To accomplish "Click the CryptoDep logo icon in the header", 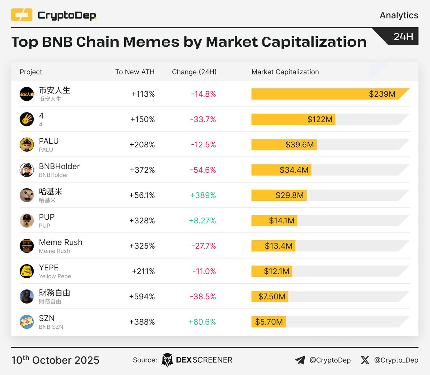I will coord(22,15).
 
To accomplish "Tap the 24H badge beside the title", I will coord(403,36).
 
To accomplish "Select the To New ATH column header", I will coord(135,72).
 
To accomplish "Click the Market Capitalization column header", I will coord(285,72).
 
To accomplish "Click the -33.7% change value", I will coord(203,119).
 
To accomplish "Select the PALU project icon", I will coord(27,145).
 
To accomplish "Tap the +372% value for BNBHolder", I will coord(142,170).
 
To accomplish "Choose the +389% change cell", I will coord(203,195).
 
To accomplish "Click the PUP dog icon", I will coord(27,221).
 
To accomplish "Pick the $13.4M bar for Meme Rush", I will coord(273,246).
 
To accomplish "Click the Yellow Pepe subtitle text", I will coord(55,276).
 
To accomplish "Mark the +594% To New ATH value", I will coord(142,296).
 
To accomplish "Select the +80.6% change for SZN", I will coord(202,322).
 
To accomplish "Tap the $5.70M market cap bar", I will coord(268,322).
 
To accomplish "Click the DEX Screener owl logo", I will coord(167,360).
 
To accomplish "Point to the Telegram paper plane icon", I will coord(300,360).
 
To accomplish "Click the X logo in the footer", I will coord(365,360).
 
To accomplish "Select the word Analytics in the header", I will coord(399,15).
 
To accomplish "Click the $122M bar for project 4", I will coord(293,119).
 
